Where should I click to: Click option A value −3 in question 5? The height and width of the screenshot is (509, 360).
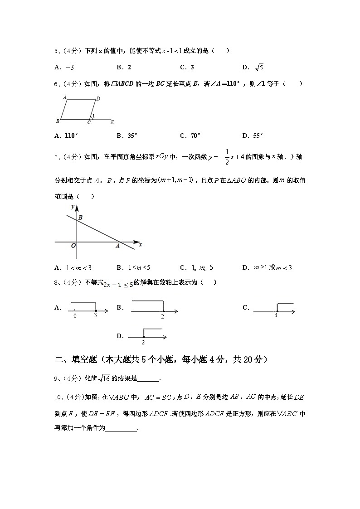click(x=70, y=68)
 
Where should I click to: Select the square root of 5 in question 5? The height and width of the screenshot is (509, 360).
click(x=259, y=67)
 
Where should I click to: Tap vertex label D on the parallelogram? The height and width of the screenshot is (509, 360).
click(x=98, y=98)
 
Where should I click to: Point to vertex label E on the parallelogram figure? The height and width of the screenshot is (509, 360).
click(x=112, y=122)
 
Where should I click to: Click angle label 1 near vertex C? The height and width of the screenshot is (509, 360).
click(x=93, y=116)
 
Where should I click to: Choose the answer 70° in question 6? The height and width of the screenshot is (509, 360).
click(x=195, y=135)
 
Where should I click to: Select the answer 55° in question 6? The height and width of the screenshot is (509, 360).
click(x=259, y=135)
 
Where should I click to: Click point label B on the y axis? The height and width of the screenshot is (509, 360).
click(x=80, y=218)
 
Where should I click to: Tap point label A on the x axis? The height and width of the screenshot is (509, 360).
click(x=117, y=246)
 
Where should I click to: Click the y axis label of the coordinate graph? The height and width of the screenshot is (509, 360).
click(x=73, y=207)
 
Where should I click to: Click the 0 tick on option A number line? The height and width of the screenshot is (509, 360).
click(x=75, y=316)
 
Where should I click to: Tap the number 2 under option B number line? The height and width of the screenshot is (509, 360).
click(x=162, y=316)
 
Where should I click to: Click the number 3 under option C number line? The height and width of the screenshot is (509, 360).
click(x=275, y=315)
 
